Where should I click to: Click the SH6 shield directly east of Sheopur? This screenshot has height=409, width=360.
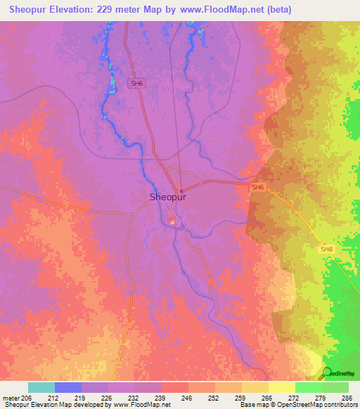(258, 188)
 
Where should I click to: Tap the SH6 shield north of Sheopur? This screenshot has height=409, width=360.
(136, 83)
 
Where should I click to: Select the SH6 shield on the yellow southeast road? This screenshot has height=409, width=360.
(326, 249)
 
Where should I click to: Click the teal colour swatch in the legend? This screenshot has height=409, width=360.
(41, 387)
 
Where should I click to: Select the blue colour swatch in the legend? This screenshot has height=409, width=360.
(68, 387)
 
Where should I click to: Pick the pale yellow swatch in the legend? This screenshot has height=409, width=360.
(281, 387)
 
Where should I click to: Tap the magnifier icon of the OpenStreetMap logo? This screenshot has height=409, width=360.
(327, 372)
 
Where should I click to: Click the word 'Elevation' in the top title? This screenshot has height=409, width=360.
(69, 10)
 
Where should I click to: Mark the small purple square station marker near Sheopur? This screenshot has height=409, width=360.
(181, 190)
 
